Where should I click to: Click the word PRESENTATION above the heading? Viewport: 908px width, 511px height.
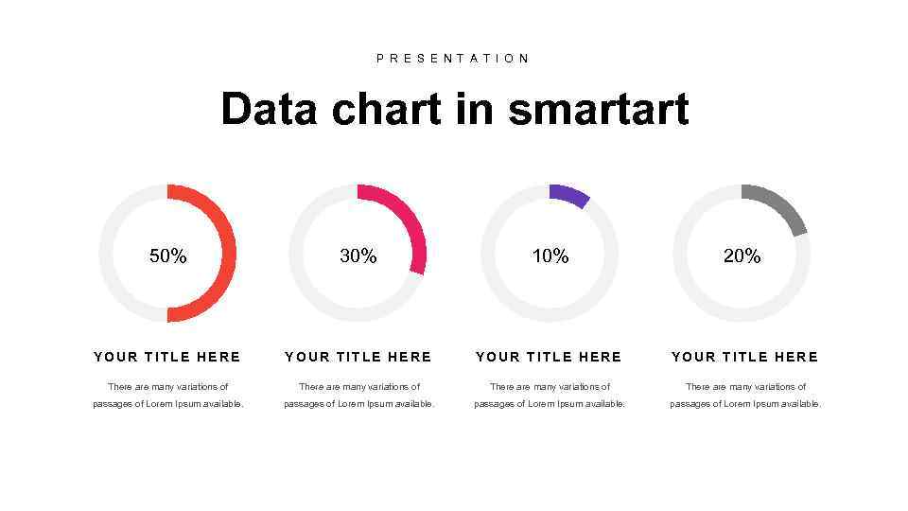[453, 59]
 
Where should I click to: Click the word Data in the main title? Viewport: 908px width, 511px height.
[270, 109]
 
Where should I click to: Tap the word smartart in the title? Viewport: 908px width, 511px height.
[598, 109]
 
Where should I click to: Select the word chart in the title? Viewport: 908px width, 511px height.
[386, 109]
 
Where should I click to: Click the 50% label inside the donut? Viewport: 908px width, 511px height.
[168, 256]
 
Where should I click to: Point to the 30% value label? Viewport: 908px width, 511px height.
[358, 256]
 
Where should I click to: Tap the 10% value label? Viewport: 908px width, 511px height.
[550, 256]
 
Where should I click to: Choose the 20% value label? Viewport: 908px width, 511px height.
[742, 256]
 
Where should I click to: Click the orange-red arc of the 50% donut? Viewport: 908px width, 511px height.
[227, 254]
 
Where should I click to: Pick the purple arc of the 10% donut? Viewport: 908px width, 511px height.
[569, 194]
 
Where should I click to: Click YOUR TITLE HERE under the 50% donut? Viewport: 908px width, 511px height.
[167, 357]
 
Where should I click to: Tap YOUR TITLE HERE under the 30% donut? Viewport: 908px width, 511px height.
[358, 357]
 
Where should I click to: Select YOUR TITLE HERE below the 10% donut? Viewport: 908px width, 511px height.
[550, 357]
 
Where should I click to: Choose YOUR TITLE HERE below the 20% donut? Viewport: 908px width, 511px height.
[745, 357]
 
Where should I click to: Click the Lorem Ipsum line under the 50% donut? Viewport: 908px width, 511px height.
[167, 404]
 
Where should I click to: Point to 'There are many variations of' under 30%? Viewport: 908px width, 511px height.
[359, 386]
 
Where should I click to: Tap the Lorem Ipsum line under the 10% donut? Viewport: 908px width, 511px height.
[550, 404]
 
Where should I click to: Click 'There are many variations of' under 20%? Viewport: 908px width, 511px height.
[745, 386]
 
